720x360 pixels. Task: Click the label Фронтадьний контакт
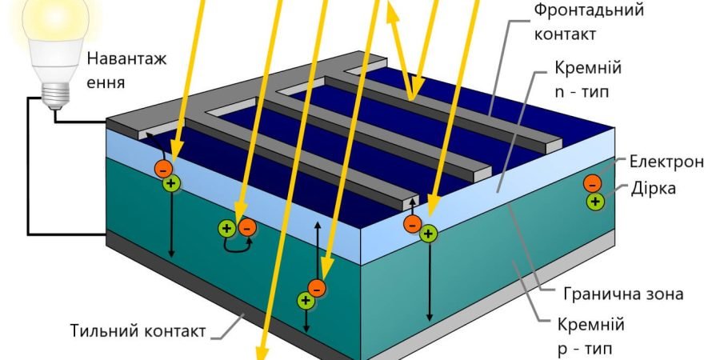[588, 22]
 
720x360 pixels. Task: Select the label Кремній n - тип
[588, 79]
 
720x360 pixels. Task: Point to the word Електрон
[666, 162]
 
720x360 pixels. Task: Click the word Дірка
[654, 188]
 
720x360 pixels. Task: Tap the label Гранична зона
[623, 294]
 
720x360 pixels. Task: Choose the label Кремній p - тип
[591, 337]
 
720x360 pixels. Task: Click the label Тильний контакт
[138, 330]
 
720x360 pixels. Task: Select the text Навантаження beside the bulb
[126, 71]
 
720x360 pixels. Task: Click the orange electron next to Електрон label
[592, 184]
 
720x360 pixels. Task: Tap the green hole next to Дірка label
[595, 201]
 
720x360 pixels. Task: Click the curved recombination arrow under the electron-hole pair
[237, 247]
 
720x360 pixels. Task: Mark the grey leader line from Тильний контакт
[231, 323]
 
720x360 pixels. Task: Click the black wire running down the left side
[30, 166]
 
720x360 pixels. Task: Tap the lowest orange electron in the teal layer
[317, 288]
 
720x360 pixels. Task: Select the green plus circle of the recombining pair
[227, 228]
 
